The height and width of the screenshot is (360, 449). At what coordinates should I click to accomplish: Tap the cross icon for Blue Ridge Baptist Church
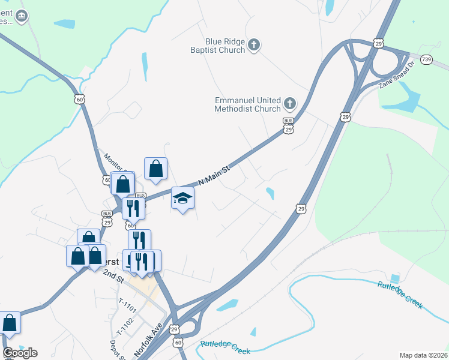click(254, 44)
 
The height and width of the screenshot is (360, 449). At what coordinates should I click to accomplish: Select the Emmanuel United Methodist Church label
click(248, 104)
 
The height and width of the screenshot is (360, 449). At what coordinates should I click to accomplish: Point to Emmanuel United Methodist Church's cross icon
click(289, 104)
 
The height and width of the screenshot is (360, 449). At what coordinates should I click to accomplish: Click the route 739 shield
click(426, 59)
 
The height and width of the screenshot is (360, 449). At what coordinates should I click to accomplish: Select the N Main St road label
click(214, 176)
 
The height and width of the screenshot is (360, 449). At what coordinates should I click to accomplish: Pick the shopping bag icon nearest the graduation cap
click(156, 169)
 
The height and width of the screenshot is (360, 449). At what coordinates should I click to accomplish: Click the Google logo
click(20, 352)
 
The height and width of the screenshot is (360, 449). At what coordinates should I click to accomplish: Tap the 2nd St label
click(112, 277)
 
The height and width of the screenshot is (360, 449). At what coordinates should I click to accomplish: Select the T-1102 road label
click(125, 326)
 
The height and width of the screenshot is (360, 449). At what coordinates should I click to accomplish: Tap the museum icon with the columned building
click(22, 16)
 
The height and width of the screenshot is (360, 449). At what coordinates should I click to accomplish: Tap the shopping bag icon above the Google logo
click(10, 322)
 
